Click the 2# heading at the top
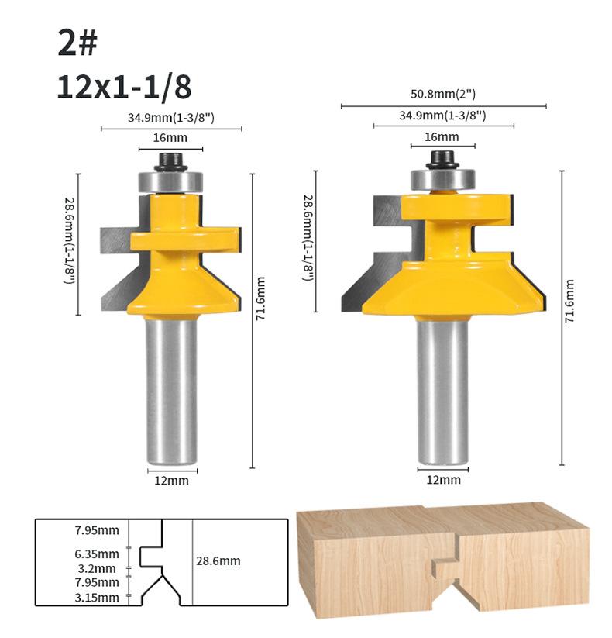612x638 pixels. click(x=77, y=43)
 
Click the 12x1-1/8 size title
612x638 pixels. click(x=124, y=87)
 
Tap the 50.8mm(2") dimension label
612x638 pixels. click(x=443, y=94)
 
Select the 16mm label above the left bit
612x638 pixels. click(x=170, y=137)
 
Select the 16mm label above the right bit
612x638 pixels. click(x=442, y=136)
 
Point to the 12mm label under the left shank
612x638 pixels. click(x=172, y=481)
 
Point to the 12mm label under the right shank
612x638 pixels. click(x=444, y=480)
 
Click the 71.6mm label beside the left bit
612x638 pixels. click(x=260, y=298)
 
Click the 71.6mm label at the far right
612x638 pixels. click(x=569, y=301)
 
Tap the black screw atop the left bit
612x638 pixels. click(x=170, y=162)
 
